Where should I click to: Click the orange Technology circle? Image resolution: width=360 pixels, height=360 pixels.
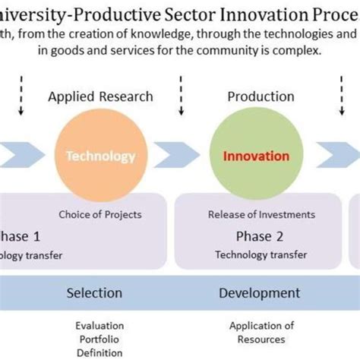click(x=100, y=156)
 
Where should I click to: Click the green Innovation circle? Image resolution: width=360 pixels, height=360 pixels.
click(x=255, y=156)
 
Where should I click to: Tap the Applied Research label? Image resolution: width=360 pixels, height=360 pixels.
click(x=100, y=96)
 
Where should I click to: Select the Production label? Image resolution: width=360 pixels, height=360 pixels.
click(x=261, y=96)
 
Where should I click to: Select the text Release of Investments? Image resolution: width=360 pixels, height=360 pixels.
click(x=258, y=214)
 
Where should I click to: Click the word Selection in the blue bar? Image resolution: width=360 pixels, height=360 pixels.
click(x=94, y=292)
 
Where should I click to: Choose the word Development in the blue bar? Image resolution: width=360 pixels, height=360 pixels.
click(x=259, y=292)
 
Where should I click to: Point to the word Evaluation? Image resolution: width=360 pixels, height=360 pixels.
click(x=99, y=326)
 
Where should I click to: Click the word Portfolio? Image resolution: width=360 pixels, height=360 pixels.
click(x=99, y=339)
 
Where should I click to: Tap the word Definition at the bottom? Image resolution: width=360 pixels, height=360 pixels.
click(x=99, y=353)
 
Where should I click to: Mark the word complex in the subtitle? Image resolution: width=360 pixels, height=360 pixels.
click(x=299, y=51)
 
